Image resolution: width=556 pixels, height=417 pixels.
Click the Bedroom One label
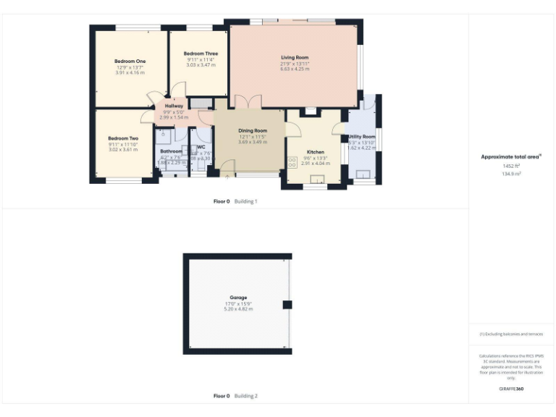(x=130, y=62)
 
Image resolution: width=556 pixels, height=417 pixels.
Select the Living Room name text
(x=295, y=57)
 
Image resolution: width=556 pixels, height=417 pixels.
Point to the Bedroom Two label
(x=123, y=138)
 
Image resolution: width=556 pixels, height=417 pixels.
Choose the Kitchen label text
(x=315, y=152)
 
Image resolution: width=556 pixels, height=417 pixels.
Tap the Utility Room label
(x=362, y=137)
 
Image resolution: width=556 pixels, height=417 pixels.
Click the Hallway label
(x=174, y=106)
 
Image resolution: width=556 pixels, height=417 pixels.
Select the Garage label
(x=238, y=298)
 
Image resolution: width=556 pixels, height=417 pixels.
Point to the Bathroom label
(x=171, y=151)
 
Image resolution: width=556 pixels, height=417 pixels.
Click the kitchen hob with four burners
(x=292, y=162)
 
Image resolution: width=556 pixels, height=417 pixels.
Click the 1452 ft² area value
(x=512, y=166)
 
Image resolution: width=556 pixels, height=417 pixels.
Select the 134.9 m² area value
(x=512, y=174)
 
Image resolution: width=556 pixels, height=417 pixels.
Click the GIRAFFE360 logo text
(x=511, y=389)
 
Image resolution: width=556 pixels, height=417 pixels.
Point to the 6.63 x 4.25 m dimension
(x=295, y=69)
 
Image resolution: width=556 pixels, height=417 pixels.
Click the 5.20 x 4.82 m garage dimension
(x=238, y=309)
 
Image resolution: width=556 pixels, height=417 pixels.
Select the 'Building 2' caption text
(x=246, y=396)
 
